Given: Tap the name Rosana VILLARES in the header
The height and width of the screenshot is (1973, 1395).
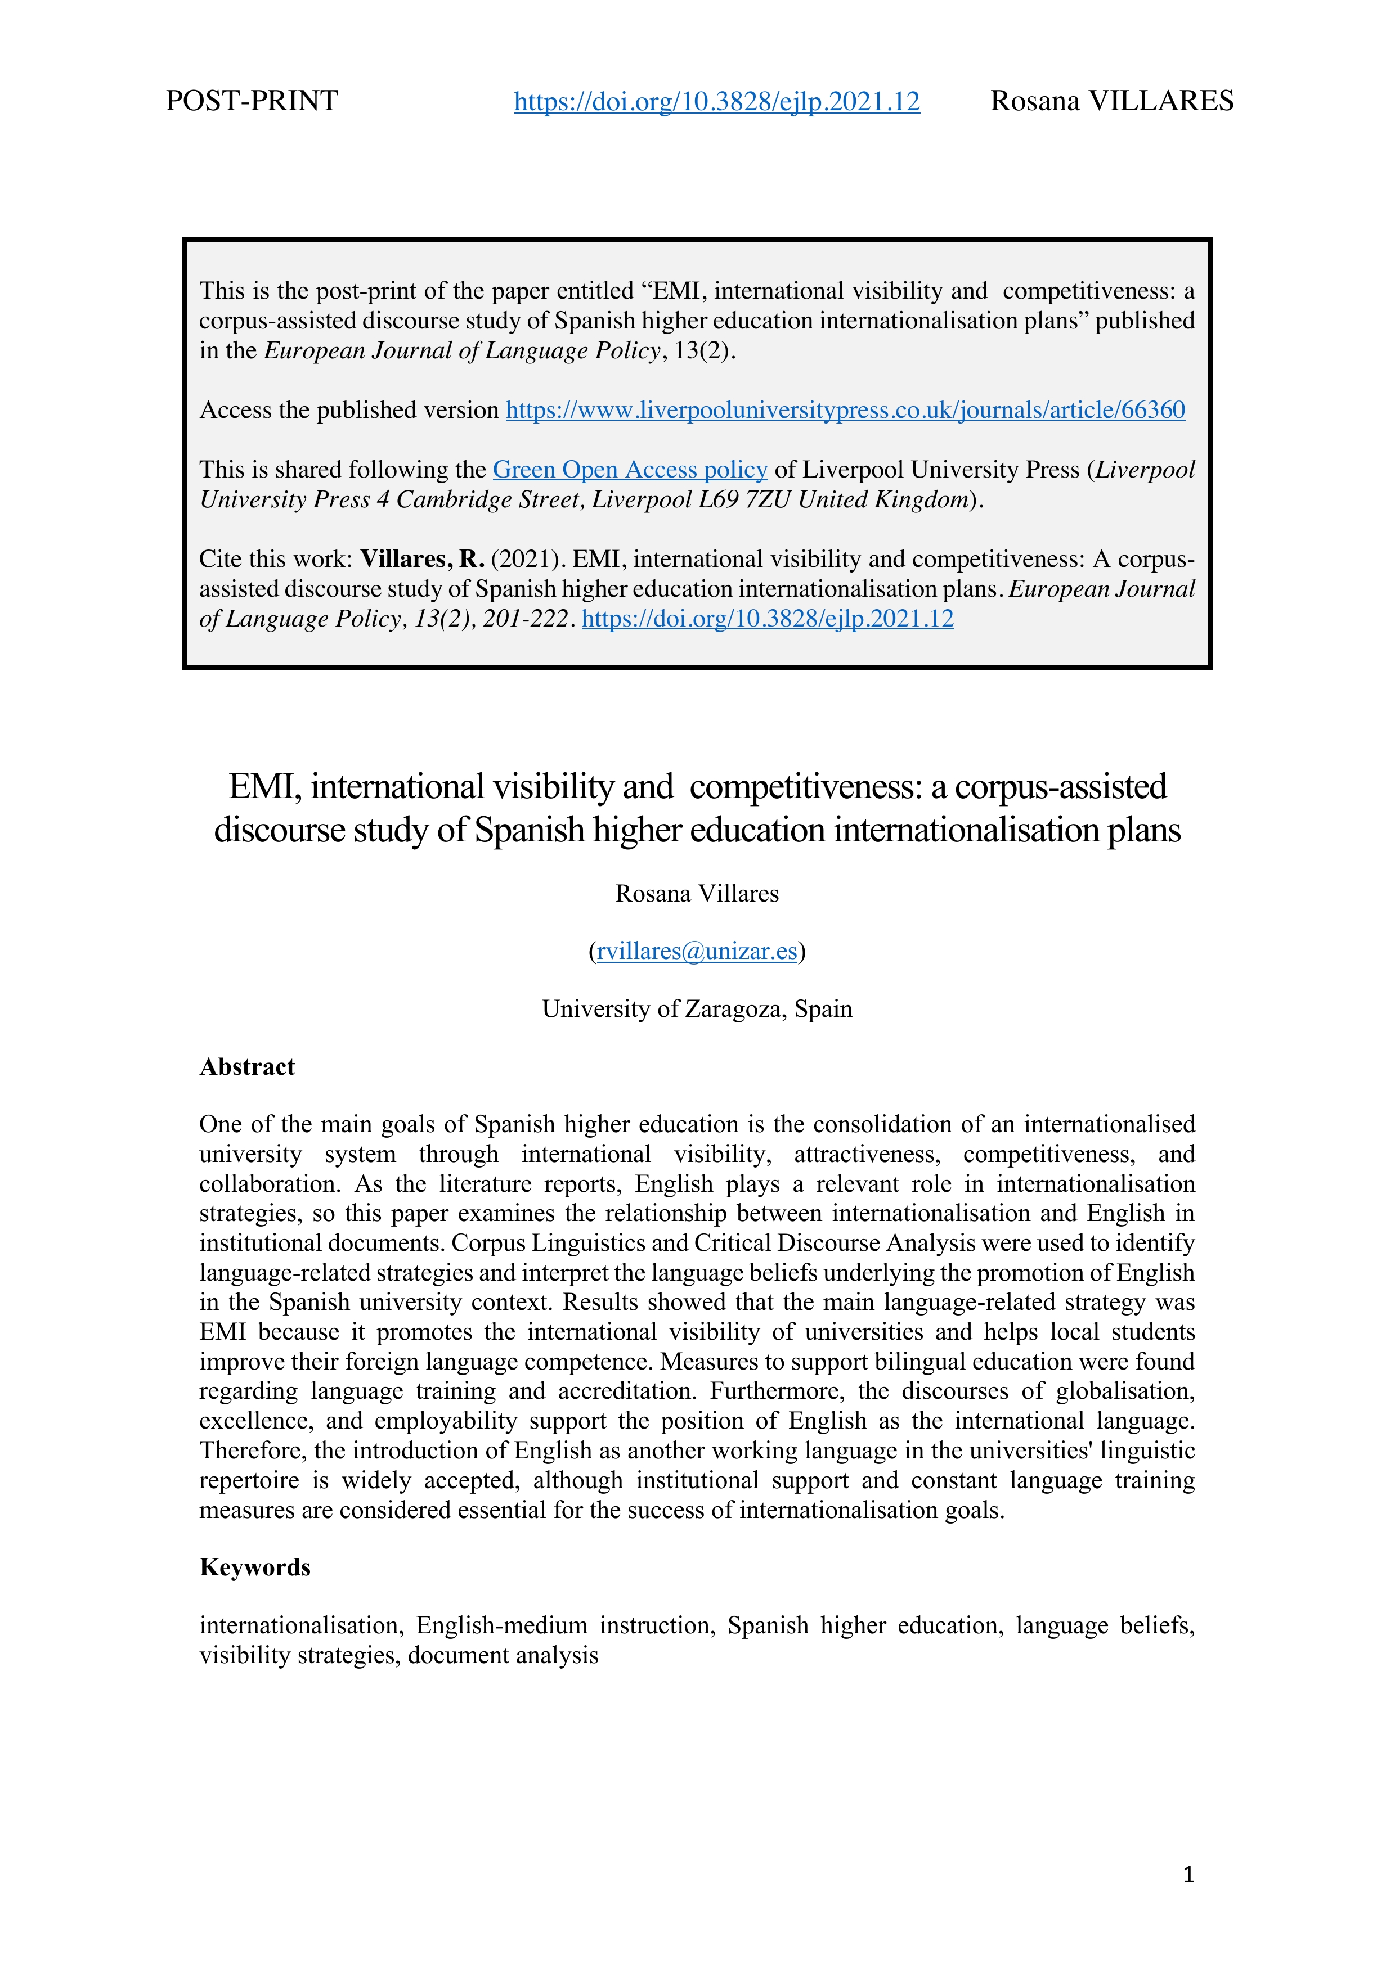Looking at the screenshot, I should tap(1111, 101).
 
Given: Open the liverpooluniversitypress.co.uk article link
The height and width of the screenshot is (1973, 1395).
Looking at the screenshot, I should tap(845, 410).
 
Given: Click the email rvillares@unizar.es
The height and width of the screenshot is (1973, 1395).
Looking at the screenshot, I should tap(696, 951).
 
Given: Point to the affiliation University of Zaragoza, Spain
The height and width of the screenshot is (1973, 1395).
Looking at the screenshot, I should tap(696, 1009).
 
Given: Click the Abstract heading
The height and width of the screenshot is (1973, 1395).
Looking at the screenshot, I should tap(246, 1067).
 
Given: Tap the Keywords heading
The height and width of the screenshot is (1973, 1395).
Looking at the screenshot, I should tap(254, 1567).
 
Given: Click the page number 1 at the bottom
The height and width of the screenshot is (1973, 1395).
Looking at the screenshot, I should tap(1188, 1875).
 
